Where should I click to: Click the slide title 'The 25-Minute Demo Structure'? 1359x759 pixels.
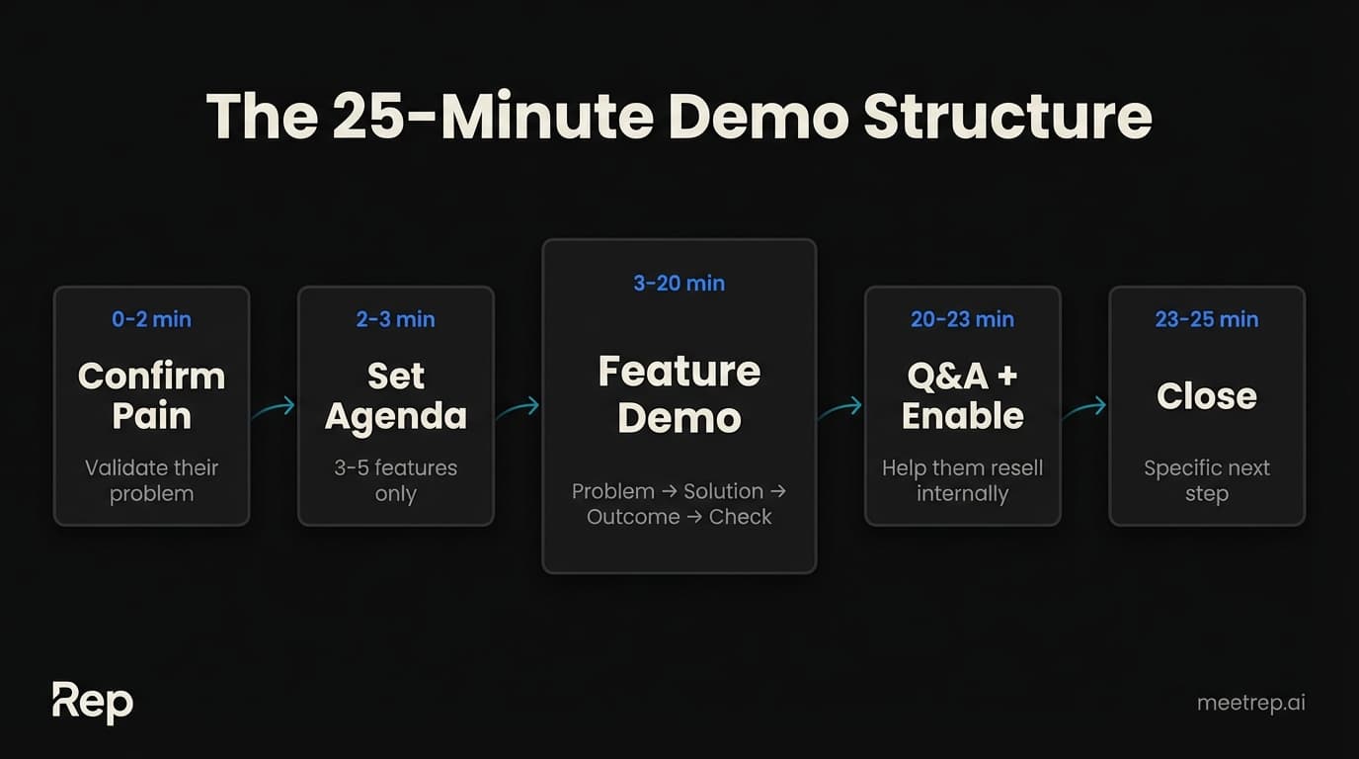(x=679, y=118)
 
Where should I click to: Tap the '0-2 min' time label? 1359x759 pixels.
(x=151, y=319)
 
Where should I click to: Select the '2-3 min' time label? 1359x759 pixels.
(x=395, y=319)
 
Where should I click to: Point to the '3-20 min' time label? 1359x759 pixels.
(x=679, y=284)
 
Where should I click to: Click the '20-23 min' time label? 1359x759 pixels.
(x=962, y=319)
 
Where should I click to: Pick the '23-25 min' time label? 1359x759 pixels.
(x=1206, y=319)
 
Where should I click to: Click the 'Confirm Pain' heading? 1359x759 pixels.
(x=151, y=395)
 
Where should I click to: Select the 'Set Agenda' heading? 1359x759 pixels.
(x=395, y=395)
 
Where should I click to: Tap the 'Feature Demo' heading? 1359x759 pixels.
(x=679, y=394)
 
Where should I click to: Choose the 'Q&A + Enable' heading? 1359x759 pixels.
(x=962, y=395)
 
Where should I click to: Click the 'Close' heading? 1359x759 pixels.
(x=1206, y=396)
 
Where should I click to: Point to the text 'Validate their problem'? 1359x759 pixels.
(x=151, y=480)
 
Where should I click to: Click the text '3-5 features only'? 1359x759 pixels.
(x=395, y=480)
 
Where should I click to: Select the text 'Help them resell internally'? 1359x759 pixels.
(x=962, y=480)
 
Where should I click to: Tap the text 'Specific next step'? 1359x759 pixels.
(x=1206, y=480)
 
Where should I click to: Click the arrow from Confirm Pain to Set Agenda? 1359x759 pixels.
(x=274, y=407)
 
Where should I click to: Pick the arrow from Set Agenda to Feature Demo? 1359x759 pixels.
(x=518, y=407)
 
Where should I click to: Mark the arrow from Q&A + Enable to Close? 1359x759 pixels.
(x=1084, y=407)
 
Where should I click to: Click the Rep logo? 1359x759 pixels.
(x=92, y=703)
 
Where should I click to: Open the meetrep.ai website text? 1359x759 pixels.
(x=1250, y=703)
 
